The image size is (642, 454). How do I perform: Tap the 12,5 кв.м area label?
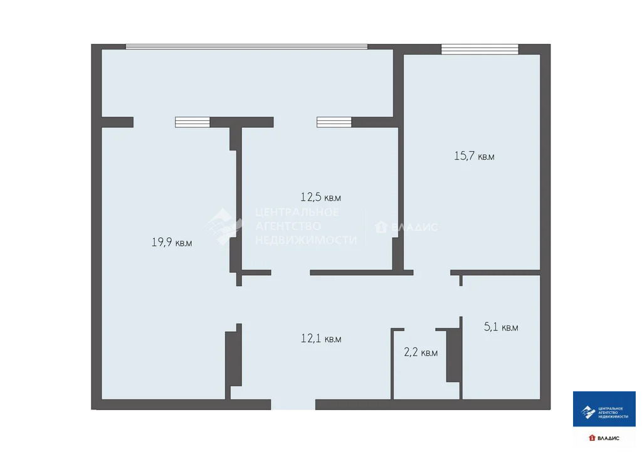(320, 198)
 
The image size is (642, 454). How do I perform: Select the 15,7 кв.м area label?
(474, 156)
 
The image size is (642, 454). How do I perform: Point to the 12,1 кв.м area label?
(321, 339)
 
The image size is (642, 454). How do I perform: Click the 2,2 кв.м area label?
(420, 352)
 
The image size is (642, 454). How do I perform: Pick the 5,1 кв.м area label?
(501, 327)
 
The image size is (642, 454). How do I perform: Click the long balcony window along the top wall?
(246, 46)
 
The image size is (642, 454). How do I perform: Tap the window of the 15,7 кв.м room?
(480, 50)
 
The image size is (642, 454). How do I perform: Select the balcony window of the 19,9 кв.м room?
(192, 122)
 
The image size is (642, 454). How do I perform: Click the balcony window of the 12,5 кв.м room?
(334, 122)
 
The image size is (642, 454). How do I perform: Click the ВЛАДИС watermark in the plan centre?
(407, 228)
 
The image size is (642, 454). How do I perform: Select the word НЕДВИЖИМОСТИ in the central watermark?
(306, 240)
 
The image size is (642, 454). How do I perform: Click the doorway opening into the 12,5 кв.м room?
(290, 273)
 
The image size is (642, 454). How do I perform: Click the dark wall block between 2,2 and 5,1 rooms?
(453, 354)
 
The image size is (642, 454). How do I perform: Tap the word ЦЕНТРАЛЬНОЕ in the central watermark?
(297, 213)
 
